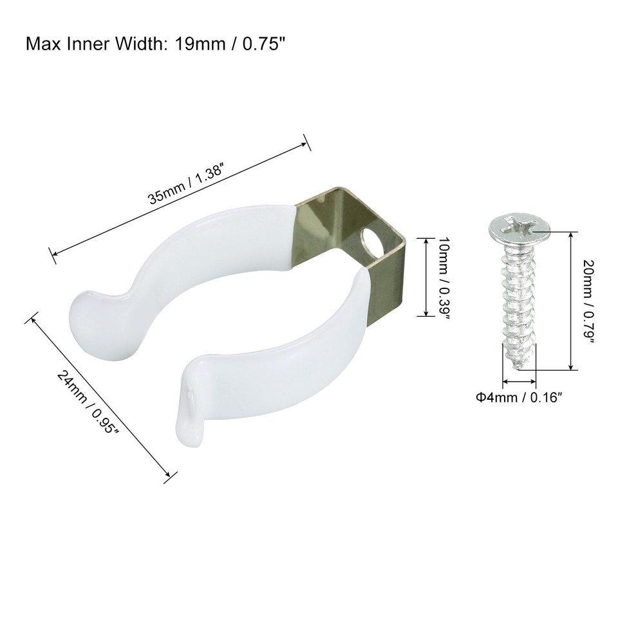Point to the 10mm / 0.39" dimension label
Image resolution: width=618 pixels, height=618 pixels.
(x=442, y=277)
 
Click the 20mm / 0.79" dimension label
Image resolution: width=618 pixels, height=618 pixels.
(x=588, y=301)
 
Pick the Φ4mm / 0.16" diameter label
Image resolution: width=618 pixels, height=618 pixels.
(x=520, y=397)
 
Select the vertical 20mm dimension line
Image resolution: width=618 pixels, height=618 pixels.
(x=570, y=301)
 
